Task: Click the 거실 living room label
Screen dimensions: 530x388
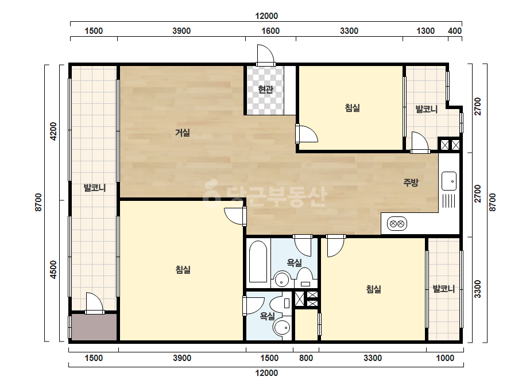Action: point(182,133)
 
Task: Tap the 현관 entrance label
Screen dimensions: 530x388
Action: point(265,90)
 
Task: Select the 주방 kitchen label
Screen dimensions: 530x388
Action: point(411,183)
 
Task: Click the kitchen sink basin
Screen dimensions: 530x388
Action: point(449,181)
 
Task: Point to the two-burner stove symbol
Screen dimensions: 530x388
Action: point(397,224)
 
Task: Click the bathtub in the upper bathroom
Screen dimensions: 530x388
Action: point(258,261)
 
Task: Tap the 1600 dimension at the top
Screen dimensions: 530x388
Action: point(270,31)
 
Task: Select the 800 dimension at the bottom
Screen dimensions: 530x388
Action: point(306,358)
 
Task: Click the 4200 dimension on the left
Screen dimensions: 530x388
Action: point(53,131)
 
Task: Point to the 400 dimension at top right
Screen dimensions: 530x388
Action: point(455,31)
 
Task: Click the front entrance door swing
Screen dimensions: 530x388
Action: point(265,54)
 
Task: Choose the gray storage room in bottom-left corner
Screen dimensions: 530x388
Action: point(94,327)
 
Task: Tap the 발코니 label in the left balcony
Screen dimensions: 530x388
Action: point(95,188)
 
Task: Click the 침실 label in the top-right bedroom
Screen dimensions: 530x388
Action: point(352,108)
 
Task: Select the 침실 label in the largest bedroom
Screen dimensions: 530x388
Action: point(183,269)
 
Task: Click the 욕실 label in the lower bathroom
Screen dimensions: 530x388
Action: point(267,316)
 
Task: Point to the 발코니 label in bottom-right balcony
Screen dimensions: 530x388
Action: point(444,289)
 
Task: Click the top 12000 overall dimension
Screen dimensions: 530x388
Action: point(266,16)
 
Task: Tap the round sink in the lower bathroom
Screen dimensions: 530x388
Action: point(282,328)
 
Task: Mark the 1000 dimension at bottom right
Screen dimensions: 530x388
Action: point(445,358)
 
